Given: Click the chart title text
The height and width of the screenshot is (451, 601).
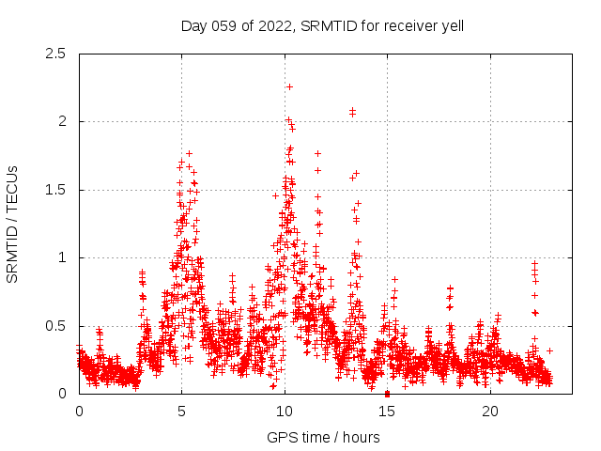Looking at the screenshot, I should click(x=322, y=26).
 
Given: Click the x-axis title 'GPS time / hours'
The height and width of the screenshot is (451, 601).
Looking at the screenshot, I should click(x=322, y=437).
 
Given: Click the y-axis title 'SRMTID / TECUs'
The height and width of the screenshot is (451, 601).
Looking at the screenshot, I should click(x=12, y=224).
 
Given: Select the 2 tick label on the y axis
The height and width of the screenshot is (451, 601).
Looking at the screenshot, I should click(x=62, y=121).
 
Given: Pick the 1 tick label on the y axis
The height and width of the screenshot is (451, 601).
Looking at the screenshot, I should click(x=62, y=257).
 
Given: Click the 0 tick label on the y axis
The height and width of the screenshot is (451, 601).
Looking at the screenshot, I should click(x=62, y=394).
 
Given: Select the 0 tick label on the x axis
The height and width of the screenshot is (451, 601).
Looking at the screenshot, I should click(x=79, y=412).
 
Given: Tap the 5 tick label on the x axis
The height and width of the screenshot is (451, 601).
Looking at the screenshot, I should click(x=181, y=412).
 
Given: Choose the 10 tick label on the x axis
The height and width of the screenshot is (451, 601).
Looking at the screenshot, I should click(x=285, y=412).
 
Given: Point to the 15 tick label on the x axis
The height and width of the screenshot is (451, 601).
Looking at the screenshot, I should click(x=387, y=412).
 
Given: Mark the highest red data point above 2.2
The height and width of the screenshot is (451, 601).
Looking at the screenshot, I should click(x=289, y=86).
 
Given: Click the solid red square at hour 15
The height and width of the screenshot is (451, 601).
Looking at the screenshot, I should click(x=387, y=393).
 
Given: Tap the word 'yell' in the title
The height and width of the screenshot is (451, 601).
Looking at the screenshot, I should click(x=449, y=26).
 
